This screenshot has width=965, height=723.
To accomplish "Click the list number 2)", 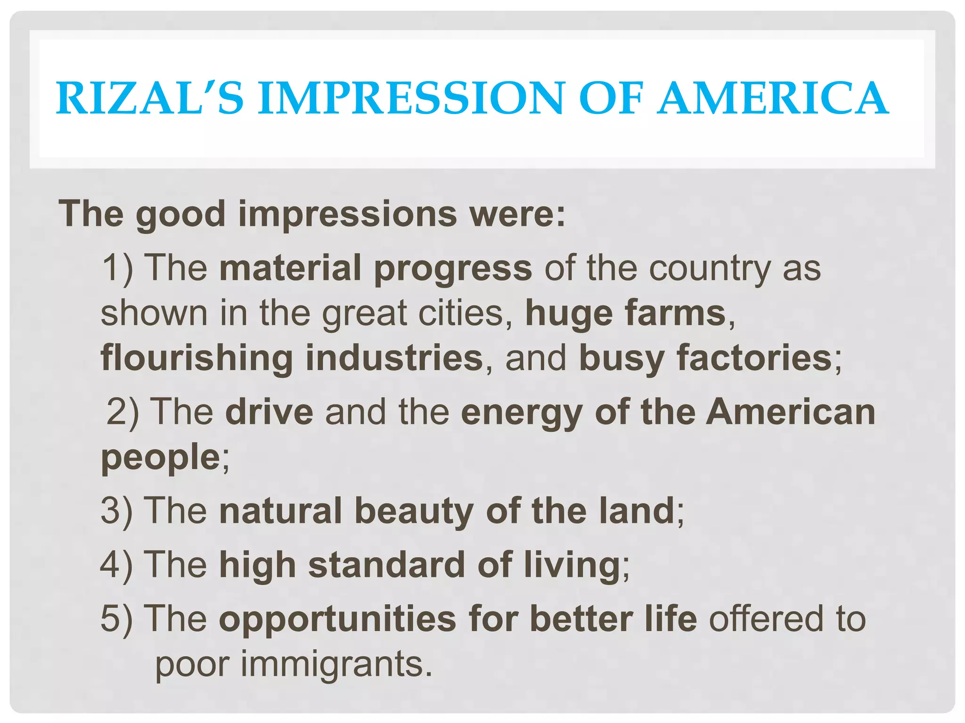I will click(x=123, y=412).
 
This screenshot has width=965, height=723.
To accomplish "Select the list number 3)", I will click(x=117, y=511).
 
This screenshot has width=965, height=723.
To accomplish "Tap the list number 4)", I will click(x=117, y=564).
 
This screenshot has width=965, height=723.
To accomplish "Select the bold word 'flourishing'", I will click(x=197, y=358).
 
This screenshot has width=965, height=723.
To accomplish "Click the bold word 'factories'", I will click(x=754, y=358).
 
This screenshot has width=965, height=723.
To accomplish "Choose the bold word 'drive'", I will click(x=269, y=412).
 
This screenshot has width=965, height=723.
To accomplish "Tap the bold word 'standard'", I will click(x=387, y=564).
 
